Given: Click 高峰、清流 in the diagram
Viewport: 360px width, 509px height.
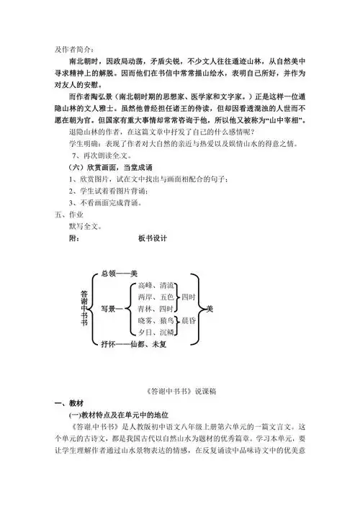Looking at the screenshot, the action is tap(155, 285).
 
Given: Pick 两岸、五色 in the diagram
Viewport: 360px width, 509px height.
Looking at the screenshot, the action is tap(155, 297).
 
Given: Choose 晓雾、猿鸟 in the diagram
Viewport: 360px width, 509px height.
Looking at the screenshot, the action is tap(155, 320).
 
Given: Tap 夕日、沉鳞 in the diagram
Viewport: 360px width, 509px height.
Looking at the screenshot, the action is tap(155, 332).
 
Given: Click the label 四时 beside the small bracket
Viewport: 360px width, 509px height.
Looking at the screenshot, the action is tap(188, 297).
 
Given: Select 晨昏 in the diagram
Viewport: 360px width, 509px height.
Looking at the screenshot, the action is tap(188, 320).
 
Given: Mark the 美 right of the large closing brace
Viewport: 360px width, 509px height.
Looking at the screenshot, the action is tap(210, 308).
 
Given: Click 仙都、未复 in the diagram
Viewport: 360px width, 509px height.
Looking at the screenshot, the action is tap(146, 344).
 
